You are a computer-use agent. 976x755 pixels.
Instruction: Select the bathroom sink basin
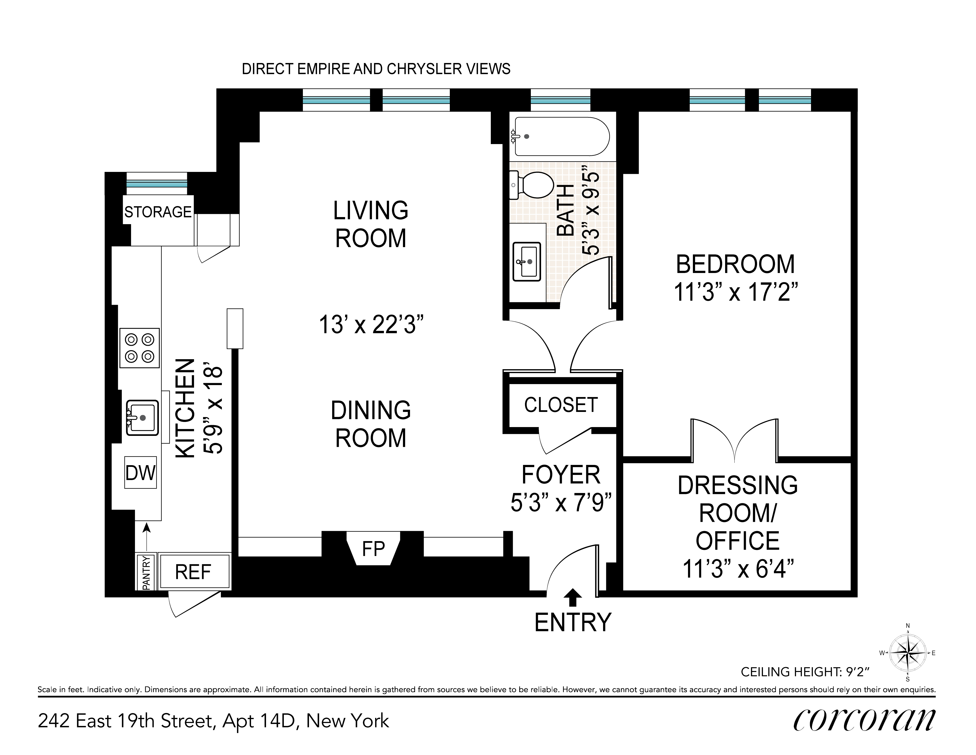[x=526, y=262]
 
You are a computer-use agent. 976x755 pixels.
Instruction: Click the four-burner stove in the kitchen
[x=139, y=348]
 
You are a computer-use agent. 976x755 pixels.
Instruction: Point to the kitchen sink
[x=142, y=418]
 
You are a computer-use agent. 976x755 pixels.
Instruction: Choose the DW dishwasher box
[x=140, y=472]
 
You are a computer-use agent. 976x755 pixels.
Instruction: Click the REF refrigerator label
[x=193, y=572]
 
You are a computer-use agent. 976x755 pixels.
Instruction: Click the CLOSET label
[x=561, y=405]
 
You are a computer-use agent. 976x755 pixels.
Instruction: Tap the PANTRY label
[x=146, y=573]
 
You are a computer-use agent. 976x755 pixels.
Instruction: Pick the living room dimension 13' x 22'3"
[x=371, y=325]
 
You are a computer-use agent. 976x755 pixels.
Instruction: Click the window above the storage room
[x=156, y=184]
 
